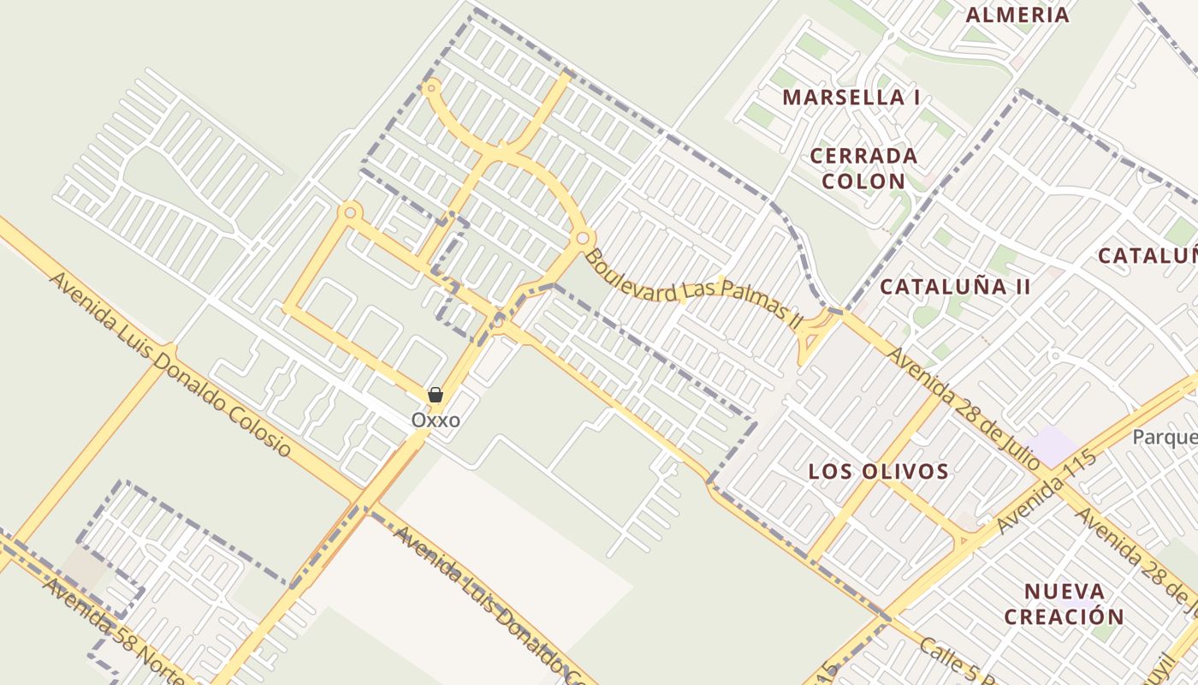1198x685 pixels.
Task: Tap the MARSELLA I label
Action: pyautogui.click(x=851, y=97)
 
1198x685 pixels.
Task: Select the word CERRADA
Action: pyautogui.click(x=863, y=156)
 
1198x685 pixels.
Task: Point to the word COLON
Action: pyautogui.click(x=863, y=181)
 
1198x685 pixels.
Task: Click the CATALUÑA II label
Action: pyautogui.click(x=954, y=286)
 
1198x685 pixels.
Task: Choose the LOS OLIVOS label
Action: pyautogui.click(x=878, y=471)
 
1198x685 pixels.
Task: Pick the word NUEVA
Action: pyautogui.click(x=1064, y=591)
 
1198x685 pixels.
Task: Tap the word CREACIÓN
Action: pyautogui.click(x=1064, y=616)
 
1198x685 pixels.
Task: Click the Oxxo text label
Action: pyautogui.click(x=436, y=420)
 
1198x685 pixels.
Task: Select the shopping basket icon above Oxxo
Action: pyautogui.click(x=435, y=395)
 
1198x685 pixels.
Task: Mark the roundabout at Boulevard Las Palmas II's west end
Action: pyautogui.click(x=584, y=237)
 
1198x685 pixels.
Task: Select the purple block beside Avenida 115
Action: pyautogui.click(x=1051, y=445)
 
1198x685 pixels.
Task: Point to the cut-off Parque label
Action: pyautogui.click(x=1164, y=438)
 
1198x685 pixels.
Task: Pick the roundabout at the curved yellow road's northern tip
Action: pyautogui.click(x=432, y=86)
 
